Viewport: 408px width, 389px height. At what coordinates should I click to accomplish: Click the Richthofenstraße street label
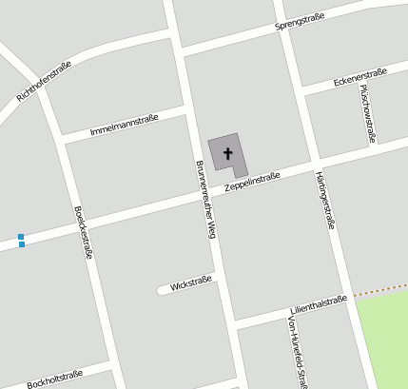coord(45,81)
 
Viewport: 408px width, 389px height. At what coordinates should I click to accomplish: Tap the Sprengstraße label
coord(300,22)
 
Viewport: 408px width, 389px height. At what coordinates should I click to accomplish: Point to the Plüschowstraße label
coord(366,113)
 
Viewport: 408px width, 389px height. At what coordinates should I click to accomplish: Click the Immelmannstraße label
coord(124,125)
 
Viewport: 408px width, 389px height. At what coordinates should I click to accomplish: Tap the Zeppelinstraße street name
coord(252,182)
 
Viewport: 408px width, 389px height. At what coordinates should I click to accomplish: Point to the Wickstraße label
coord(190,282)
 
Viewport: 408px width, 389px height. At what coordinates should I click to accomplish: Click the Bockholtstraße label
coord(55,379)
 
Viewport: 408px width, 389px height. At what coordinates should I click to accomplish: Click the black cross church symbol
coord(227,153)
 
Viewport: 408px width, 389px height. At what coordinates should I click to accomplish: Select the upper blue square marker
coord(21,236)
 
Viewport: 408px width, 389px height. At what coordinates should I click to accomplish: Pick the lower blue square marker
coord(21,244)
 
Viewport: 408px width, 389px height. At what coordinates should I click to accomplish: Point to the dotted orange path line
coord(380,291)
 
